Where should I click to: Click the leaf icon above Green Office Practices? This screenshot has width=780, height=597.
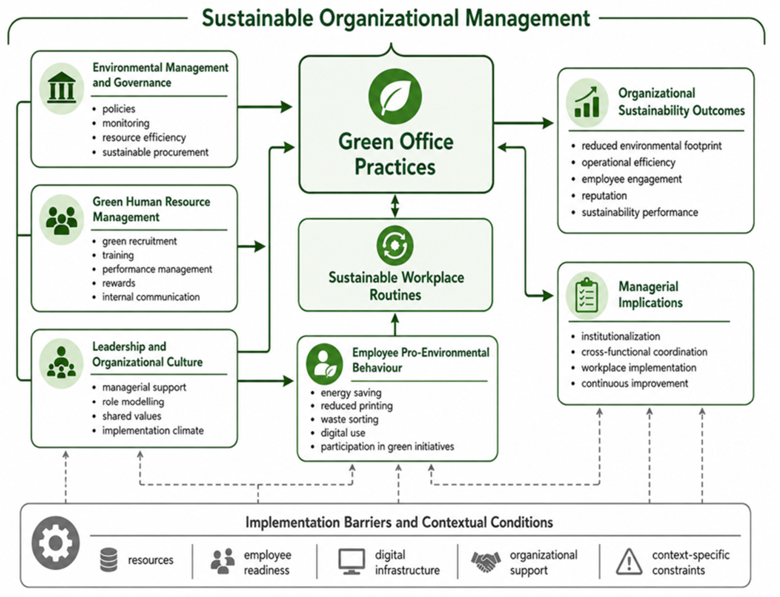(x=395, y=96)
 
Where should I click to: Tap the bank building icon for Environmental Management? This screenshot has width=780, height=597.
(x=61, y=88)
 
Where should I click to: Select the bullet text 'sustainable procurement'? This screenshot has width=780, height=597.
(x=155, y=153)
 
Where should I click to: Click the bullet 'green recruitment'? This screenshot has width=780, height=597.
(x=140, y=242)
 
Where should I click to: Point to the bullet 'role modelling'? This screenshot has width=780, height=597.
(x=133, y=401)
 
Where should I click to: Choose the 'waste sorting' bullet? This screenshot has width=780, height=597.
(x=349, y=419)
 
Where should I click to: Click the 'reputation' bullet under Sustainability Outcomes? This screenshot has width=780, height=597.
(x=604, y=196)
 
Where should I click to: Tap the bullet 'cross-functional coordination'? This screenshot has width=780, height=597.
(x=644, y=352)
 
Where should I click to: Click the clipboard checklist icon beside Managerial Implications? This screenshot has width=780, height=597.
(x=587, y=296)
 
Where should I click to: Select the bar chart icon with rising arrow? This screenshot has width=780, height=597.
(x=587, y=103)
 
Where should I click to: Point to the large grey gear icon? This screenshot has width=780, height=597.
(x=55, y=543)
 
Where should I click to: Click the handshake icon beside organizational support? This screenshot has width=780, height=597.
(x=485, y=561)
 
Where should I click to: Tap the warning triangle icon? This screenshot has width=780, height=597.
(x=629, y=562)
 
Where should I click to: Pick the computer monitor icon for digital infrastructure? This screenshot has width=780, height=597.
(x=351, y=561)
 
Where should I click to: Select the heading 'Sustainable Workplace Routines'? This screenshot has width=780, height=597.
(x=396, y=286)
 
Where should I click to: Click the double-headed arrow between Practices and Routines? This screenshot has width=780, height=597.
(x=395, y=206)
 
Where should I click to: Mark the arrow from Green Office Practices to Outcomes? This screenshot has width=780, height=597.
(x=524, y=123)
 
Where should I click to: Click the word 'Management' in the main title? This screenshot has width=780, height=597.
(x=528, y=18)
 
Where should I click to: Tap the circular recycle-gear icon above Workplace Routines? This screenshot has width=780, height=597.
(x=395, y=245)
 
